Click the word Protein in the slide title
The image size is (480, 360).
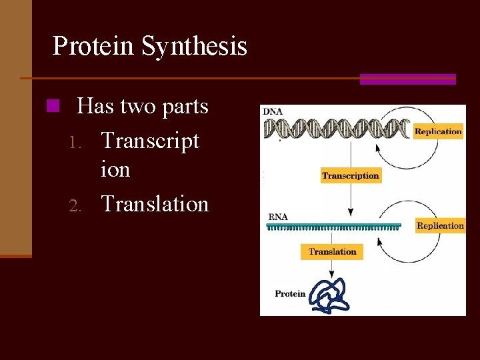click(93, 46)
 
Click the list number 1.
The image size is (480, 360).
click(75, 142)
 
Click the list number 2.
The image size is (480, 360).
click(75, 205)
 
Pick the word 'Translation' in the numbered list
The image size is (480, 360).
click(155, 203)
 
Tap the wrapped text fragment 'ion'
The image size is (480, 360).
click(115, 169)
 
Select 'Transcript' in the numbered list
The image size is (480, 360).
click(150, 141)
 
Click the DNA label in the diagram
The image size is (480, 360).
click(273, 111)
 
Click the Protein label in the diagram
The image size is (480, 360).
click(290, 293)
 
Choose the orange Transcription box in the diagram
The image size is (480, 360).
click(350, 176)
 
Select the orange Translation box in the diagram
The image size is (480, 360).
click(333, 252)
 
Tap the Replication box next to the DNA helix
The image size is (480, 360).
click(438, 131)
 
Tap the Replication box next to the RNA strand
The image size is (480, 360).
click(439, 225)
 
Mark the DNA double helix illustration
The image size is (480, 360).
click(337, 128)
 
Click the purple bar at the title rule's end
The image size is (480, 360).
click(407, 79)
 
